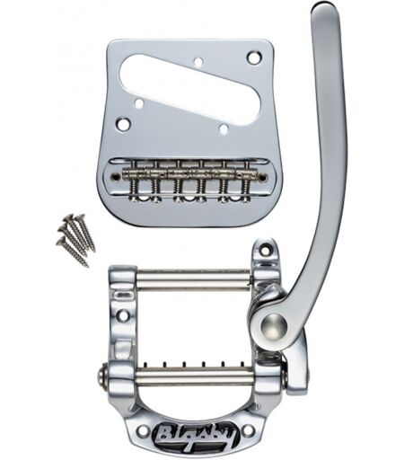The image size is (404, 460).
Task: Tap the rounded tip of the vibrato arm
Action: (325, 9)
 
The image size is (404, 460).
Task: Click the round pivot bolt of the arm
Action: (273, 324)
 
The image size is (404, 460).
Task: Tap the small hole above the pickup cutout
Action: (198, 62)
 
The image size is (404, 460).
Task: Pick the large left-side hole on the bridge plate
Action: (124, 123)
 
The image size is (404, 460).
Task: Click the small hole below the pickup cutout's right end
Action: (224, 128)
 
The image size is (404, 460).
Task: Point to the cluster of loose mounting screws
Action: (76, 240)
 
